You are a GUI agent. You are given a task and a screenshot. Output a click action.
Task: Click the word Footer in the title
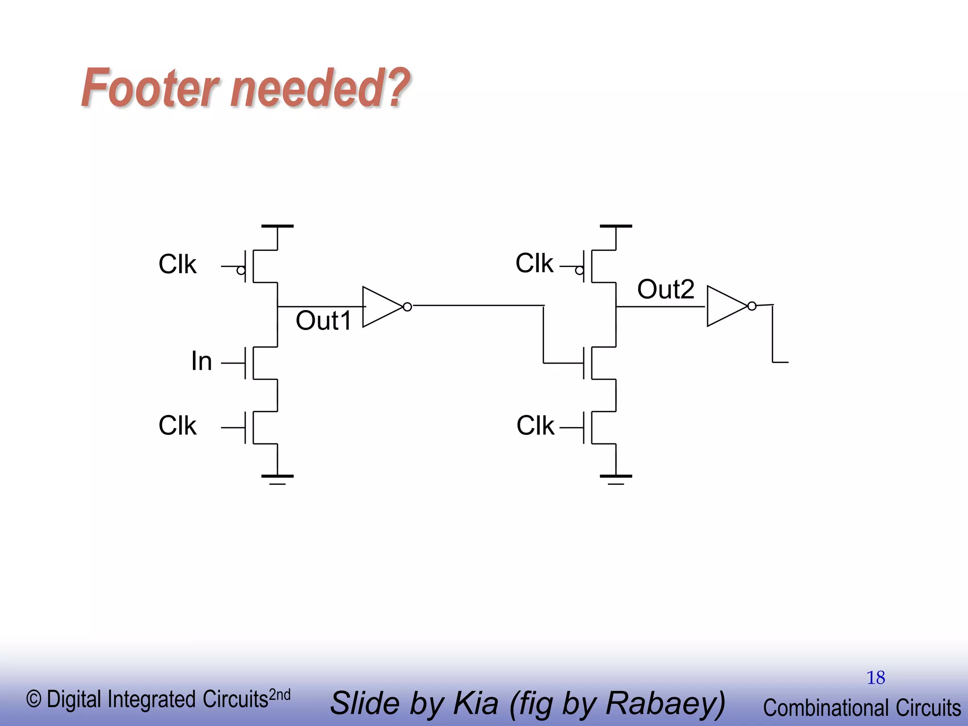150,88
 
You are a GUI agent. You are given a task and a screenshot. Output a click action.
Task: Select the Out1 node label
323,321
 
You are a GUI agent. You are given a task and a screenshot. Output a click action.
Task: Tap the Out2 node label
665,289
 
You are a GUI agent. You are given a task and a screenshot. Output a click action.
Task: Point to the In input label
201,362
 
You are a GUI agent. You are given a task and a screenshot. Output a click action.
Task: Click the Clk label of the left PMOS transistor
177,264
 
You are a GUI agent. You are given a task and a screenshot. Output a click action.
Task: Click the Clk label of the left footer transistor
177,425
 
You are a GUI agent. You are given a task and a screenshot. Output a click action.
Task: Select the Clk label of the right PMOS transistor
534,263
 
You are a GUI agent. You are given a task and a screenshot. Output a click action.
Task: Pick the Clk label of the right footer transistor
535,425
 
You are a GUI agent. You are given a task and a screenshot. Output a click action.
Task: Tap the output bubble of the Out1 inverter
407,307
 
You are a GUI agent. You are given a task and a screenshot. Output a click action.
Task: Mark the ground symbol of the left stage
277,478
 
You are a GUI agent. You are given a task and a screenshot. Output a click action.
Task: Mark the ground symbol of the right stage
616,478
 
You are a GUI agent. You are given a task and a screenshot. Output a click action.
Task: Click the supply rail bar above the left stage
277,226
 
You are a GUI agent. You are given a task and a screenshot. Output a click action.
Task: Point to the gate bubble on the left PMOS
241,271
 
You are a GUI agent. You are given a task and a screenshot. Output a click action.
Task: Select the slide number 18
875,678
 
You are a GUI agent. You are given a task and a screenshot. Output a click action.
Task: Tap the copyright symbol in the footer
34,699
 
